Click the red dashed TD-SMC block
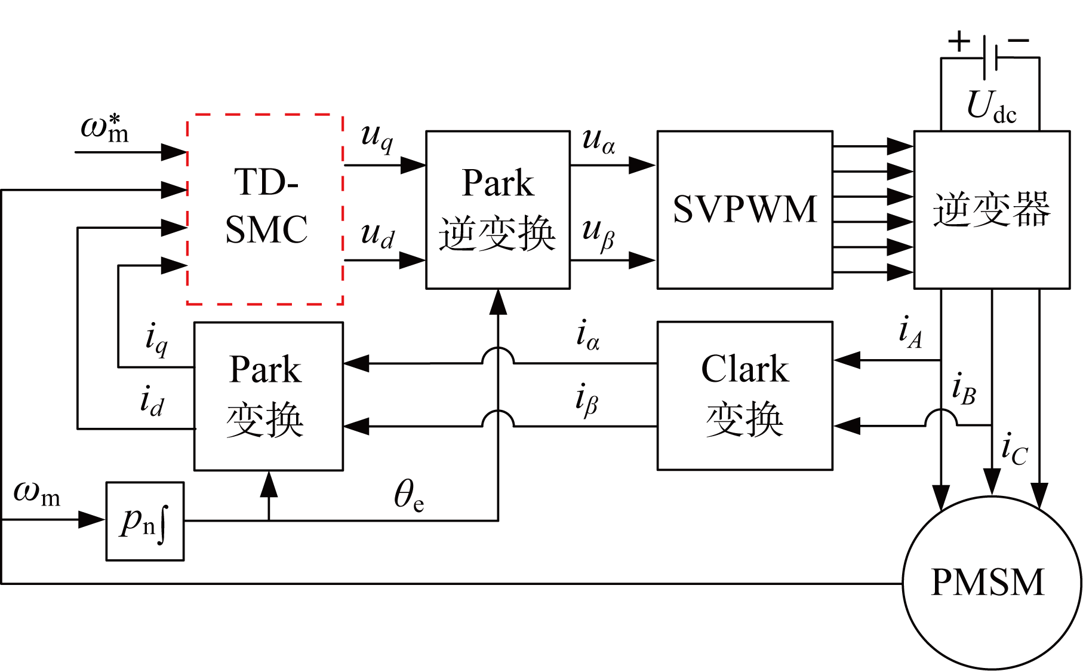[265, 209]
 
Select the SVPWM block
[744, 210]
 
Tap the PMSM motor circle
[991, 583]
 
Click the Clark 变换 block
[744, 396]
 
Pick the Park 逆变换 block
[497, 210]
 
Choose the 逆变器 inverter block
[992, 210]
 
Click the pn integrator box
[144, 521]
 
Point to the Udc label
[990, 108]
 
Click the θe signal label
[409, 496]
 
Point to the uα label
[598, 141]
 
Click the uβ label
[598, 234]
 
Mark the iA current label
[910, 332]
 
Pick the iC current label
[1014, 449]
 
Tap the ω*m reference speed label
[105, 128]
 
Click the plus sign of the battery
[959, 42]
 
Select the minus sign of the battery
[1019, 41]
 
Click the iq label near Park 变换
[156, 339]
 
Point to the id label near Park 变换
[151, 400]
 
